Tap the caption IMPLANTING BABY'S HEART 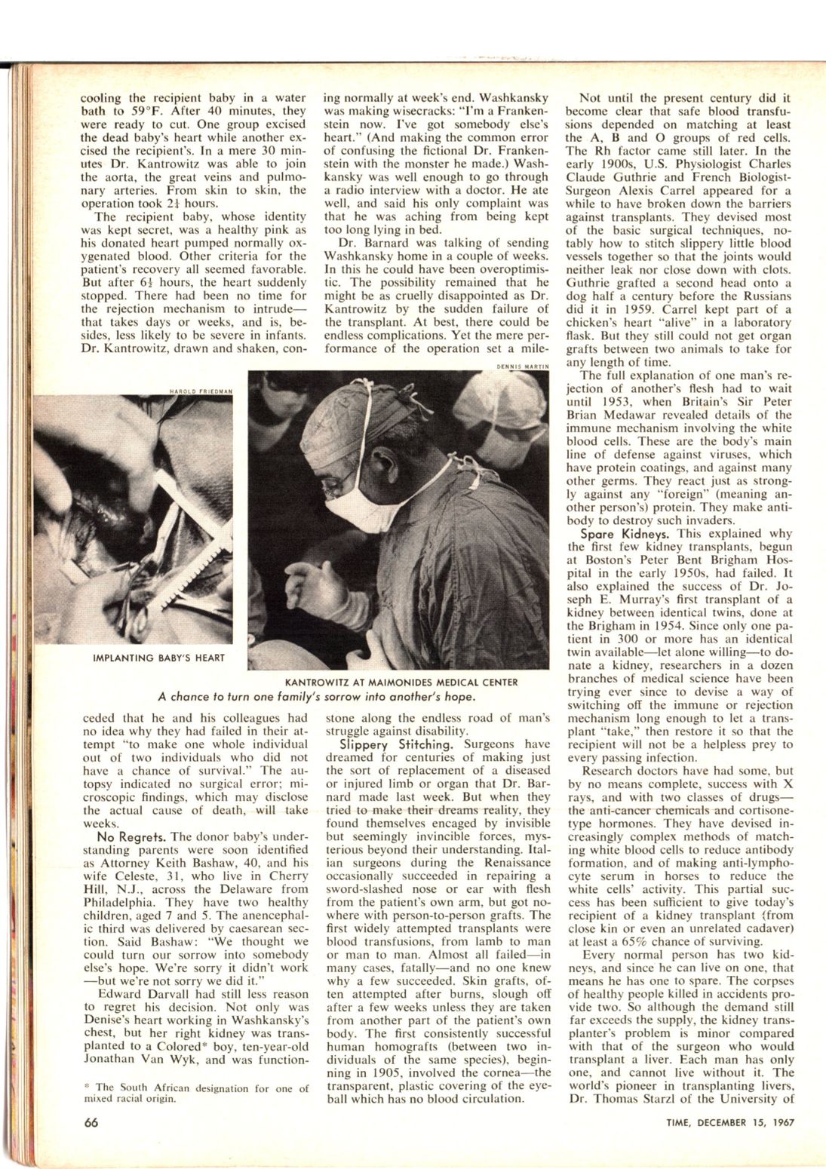(x=158, y=658)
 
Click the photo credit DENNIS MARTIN (x=523, y=367)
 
